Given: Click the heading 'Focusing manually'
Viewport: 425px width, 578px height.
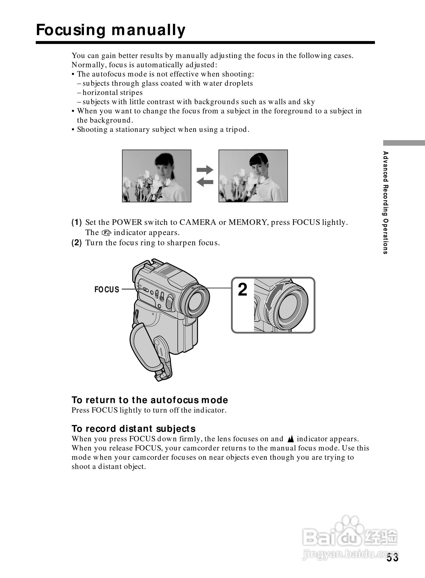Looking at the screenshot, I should click(111, 30).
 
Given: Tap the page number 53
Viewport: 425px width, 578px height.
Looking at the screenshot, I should click(392, 557).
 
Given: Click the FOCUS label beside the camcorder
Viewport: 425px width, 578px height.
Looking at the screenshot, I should click(107, 290).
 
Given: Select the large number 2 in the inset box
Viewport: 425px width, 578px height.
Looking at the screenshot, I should click(242, 290).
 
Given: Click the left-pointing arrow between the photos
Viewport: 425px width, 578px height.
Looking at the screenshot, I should click(205, 182).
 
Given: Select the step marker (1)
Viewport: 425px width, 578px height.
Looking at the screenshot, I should click(77, 222).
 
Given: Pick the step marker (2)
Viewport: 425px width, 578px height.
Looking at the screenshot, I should click(77, 243).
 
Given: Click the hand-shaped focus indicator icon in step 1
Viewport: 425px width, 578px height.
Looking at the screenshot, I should click(106, 233).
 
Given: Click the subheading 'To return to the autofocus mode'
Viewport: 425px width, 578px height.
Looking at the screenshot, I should click(150, 400).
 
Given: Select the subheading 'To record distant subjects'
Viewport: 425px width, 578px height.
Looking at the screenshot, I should click(133, 429).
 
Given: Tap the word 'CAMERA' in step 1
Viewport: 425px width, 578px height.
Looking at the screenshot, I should click(198, 222).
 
